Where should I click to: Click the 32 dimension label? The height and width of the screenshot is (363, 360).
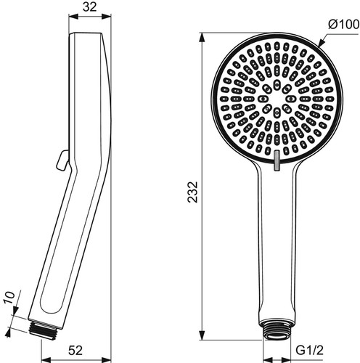pos(89,7)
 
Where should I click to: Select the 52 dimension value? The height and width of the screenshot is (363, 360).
pos(75,350)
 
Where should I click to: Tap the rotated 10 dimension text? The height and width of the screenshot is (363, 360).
pos(9,298)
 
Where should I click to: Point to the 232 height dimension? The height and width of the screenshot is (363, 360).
pos(193,192)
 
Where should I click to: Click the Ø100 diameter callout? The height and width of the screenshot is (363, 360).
pos(343,25)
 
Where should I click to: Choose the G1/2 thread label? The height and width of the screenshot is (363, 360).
pos(309,350)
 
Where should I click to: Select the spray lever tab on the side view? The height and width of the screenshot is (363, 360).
pos(62,160)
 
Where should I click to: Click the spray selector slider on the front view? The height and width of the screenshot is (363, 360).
pos(277,160)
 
